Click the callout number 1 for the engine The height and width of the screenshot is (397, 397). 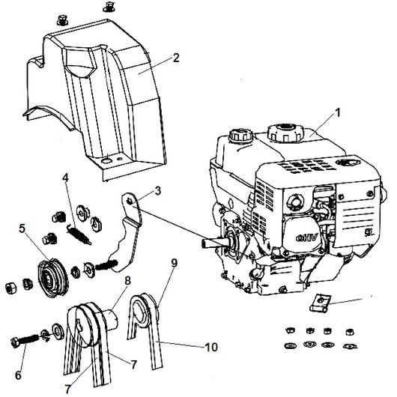click(x=338, y=113)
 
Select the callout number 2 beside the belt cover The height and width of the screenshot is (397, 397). click(x=176, y=58)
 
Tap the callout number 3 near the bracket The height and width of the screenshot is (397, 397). click(x=158, y=191)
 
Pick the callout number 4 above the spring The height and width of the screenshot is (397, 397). click(x=65, y=178)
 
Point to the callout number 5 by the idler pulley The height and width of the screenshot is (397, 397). click(x=22, y=228)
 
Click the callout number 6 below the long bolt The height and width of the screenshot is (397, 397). click(x=18, y=375)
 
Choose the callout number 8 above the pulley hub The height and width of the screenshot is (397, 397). click(x=127, y=281)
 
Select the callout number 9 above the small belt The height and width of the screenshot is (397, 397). click(x=174, y=264)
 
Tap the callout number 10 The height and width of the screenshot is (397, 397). click(x=211, y=347)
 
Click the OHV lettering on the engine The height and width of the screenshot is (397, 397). click(x=306, y=238)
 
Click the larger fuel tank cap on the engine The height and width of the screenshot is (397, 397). click(x=285, y=132)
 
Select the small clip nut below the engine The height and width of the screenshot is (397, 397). click(x=319, y=303)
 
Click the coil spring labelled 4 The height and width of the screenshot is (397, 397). click(x=79, y=235)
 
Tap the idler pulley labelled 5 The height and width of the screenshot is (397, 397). click(x=52, y=277)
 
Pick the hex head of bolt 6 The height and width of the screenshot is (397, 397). click(x=16, y=342)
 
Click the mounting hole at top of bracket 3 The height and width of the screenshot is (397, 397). click(x=130, y=201)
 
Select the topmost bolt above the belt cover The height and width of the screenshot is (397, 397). click(x=109, y=7)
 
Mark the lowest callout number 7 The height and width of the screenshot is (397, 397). click(x=67, y=389)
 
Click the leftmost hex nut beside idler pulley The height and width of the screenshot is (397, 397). click(x=11, y=288)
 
